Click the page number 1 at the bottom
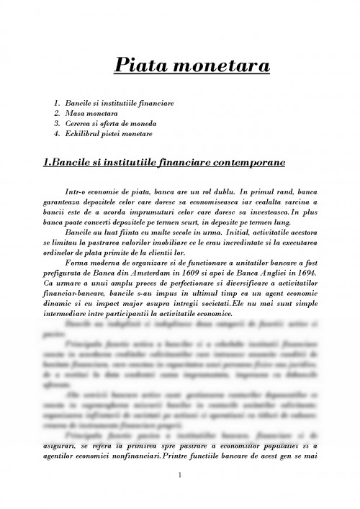(x=180, y=475)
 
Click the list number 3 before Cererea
(x=57, y=123)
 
